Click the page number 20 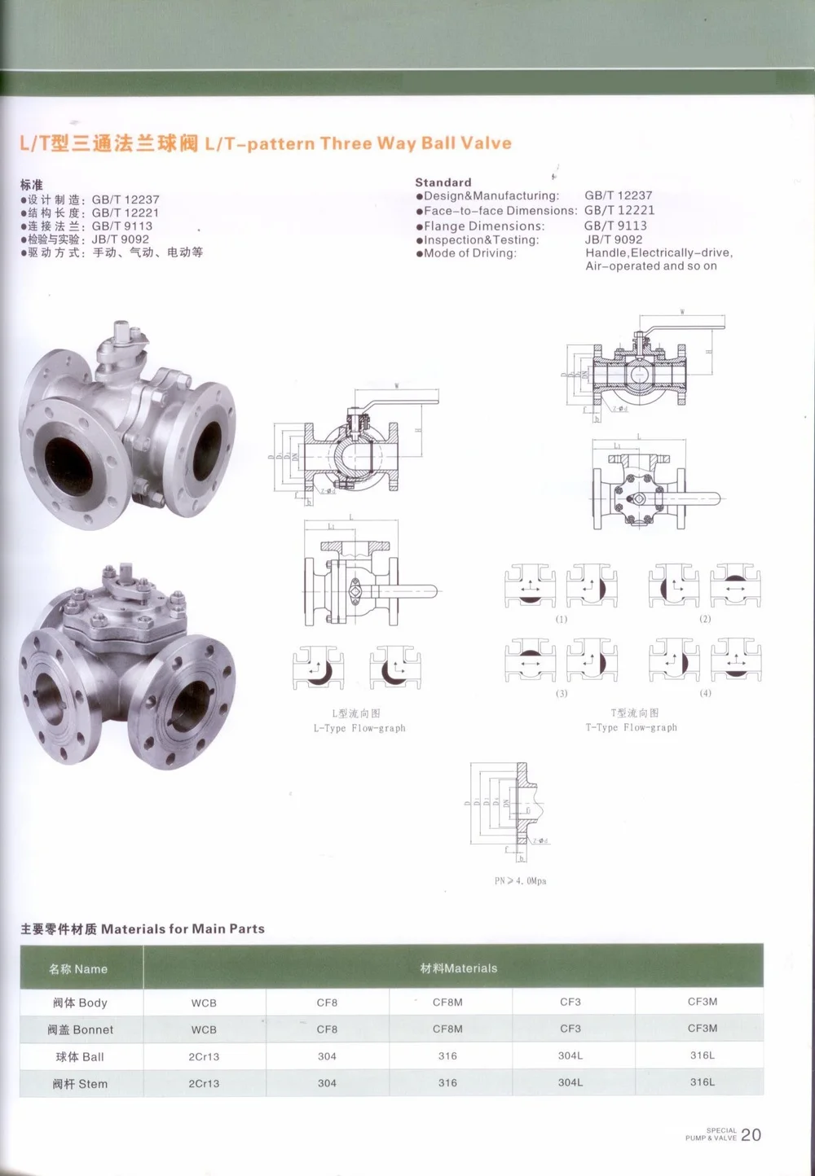click(x=751, y=1134)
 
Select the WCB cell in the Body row click(x=204, y=1003)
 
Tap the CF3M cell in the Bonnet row click(x=702, y=1029)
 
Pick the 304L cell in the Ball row click(x=570, y=1055)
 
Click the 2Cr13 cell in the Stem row click(x=204, y=1083)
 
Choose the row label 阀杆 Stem click(x=80, y=1084)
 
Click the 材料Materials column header click(x=458, y=968)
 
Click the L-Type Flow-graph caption click(x=359, y=728)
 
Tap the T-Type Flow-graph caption click(x=631, y=727)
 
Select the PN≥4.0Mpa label click(x=520, y=881)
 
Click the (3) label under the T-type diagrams click(x=562, y=693)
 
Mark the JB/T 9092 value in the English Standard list click(x=613, y=239)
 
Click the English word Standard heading click(x=443, y=182)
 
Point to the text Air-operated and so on click(x=651, y=266)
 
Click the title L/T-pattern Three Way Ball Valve click(x=358, y=143)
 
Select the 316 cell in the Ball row click(x=447, y=1055)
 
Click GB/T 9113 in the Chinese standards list click(x=121, y=226)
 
